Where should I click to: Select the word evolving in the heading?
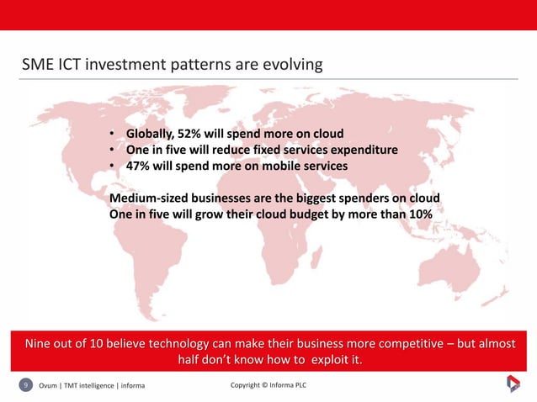tap(290, 65)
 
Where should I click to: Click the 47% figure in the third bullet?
tap(140, 167)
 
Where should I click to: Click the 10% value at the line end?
tap(417, 214)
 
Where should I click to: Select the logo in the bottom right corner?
tap(513, 384)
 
